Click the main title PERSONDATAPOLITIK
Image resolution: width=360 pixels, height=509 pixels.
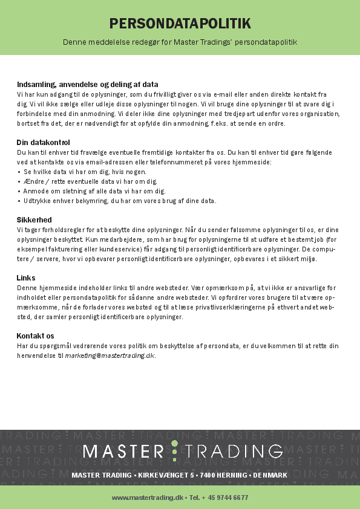tap(180, 24)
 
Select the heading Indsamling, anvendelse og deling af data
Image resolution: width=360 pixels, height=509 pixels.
tap(87, 85)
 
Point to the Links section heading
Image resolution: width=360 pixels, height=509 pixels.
tap(26, 277)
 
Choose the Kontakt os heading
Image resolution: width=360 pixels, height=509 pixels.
tap(36, 336)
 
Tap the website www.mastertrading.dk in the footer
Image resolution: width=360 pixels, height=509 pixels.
tap(147, 498)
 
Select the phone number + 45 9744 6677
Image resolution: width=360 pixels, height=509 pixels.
tap(227, 498)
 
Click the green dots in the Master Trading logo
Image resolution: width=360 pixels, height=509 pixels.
tap(175, 451)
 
